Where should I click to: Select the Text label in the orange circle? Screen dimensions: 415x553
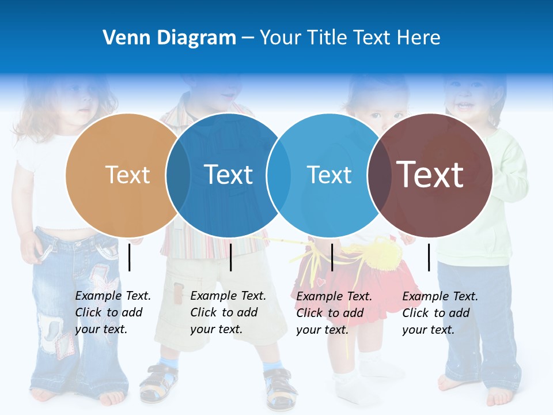click(127, 175)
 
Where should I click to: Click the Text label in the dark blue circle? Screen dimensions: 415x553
click(229, 175)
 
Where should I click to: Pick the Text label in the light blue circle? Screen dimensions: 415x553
click(329, 175)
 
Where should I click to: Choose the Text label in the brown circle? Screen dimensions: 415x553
click(430, 175)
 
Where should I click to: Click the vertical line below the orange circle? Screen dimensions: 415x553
click(130, 257)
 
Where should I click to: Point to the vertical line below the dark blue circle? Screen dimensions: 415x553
click(230, 257)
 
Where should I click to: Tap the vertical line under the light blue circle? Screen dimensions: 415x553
click(332, 257)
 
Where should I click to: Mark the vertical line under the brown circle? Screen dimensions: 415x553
click(429, 257)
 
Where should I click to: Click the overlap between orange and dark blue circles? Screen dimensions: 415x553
click(178, 175)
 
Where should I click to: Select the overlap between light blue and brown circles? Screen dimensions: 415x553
click(379, 175)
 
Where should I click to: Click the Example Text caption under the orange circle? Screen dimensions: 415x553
click(113, 312)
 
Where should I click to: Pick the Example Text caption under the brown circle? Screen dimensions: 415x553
click(440, 313)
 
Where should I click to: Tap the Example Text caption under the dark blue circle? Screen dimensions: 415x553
click(228, 312)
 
